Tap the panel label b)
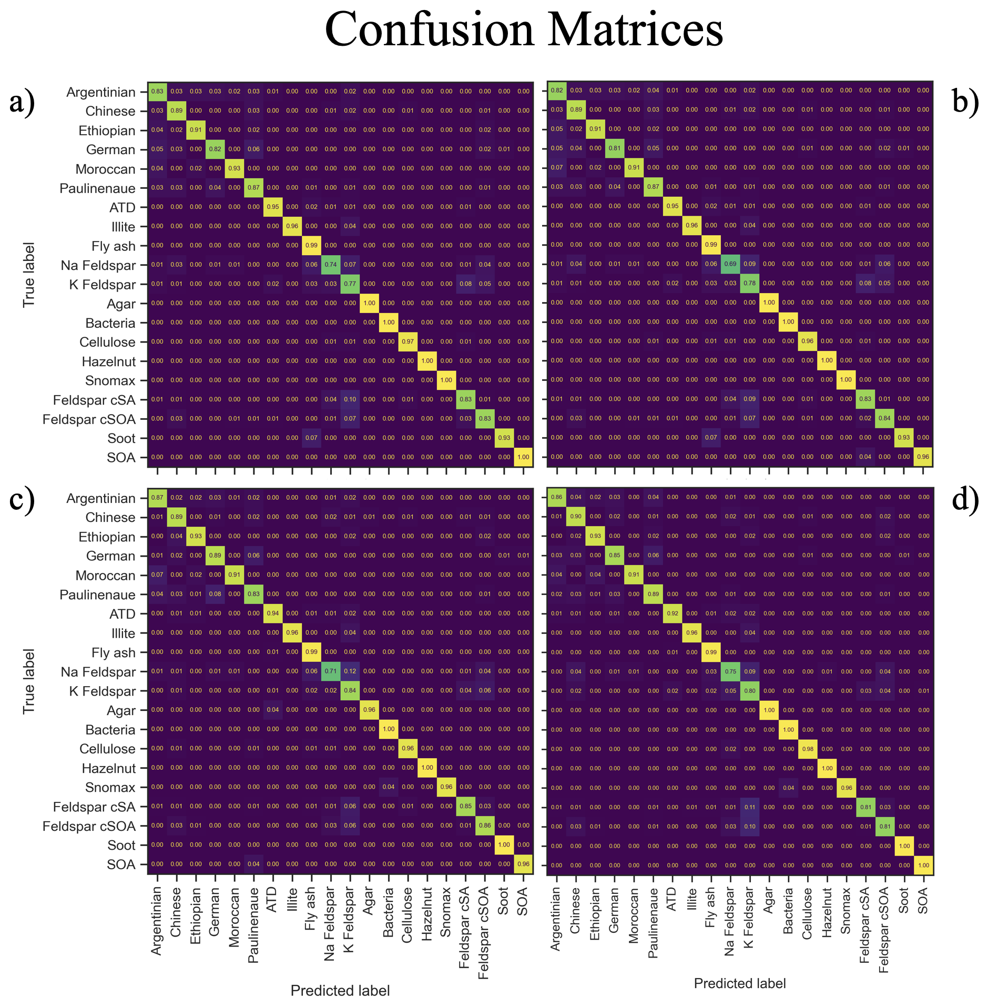pos(965,100)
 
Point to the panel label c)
pos(22,498)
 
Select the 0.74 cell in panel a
pos(331,265)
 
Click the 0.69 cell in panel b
pos(730,264)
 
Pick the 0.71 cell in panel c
pos(331,671)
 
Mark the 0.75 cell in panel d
pos(730,671)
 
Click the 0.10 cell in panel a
pos(350,399)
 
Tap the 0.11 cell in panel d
pos(750,807)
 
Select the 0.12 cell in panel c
pos(350,671)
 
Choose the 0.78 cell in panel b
pos(750,283)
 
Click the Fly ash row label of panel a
pos(113,246)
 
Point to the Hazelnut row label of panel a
pos(108,361)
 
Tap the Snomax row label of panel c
pos(110,787)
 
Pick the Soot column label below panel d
pos(904,900)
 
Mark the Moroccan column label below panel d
pos(634,916)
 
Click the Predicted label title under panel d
pos(739,983)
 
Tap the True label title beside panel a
pos(29,275)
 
